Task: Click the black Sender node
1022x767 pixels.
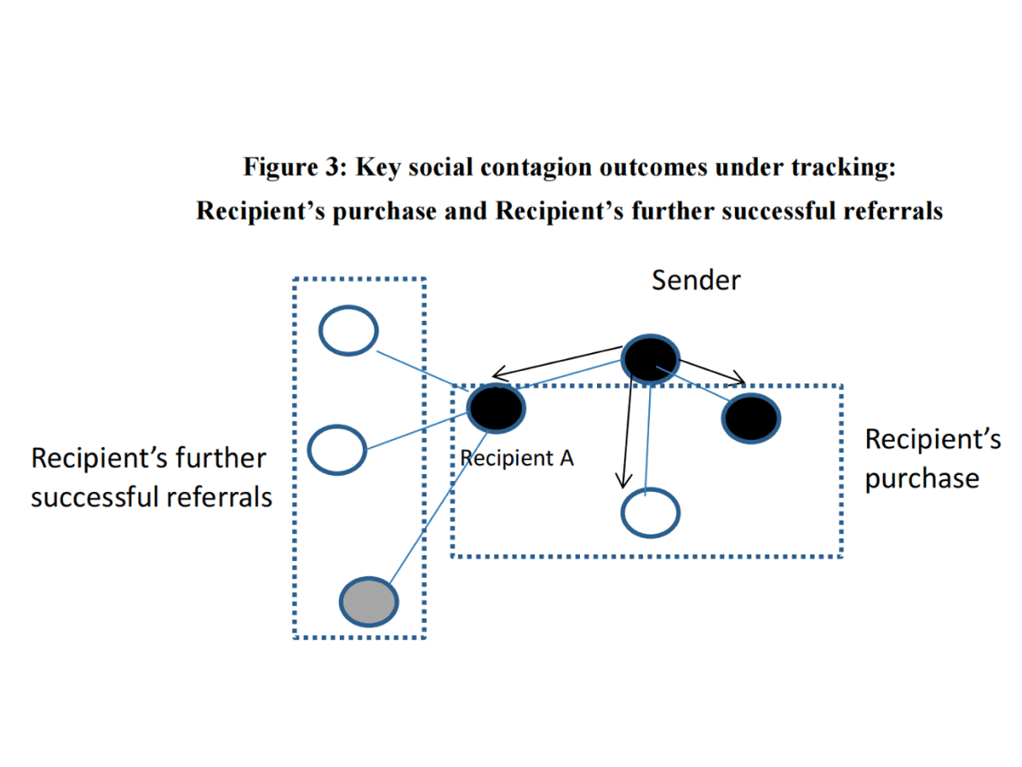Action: click(x=650, y=359)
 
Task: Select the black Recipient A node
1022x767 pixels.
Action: click(x=496, y=409)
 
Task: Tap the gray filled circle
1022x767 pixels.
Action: click(x=368, y=602)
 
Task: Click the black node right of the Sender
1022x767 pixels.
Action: click(x=751, y=418)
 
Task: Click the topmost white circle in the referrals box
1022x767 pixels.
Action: click(x=349, y=331)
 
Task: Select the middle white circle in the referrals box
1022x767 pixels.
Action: click(x=337, y=449)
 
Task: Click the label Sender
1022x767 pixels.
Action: click(x=696, y=280)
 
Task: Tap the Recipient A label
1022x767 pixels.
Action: click(x=517, y=459)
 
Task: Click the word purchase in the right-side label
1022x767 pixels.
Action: click(x=921, y=478)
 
